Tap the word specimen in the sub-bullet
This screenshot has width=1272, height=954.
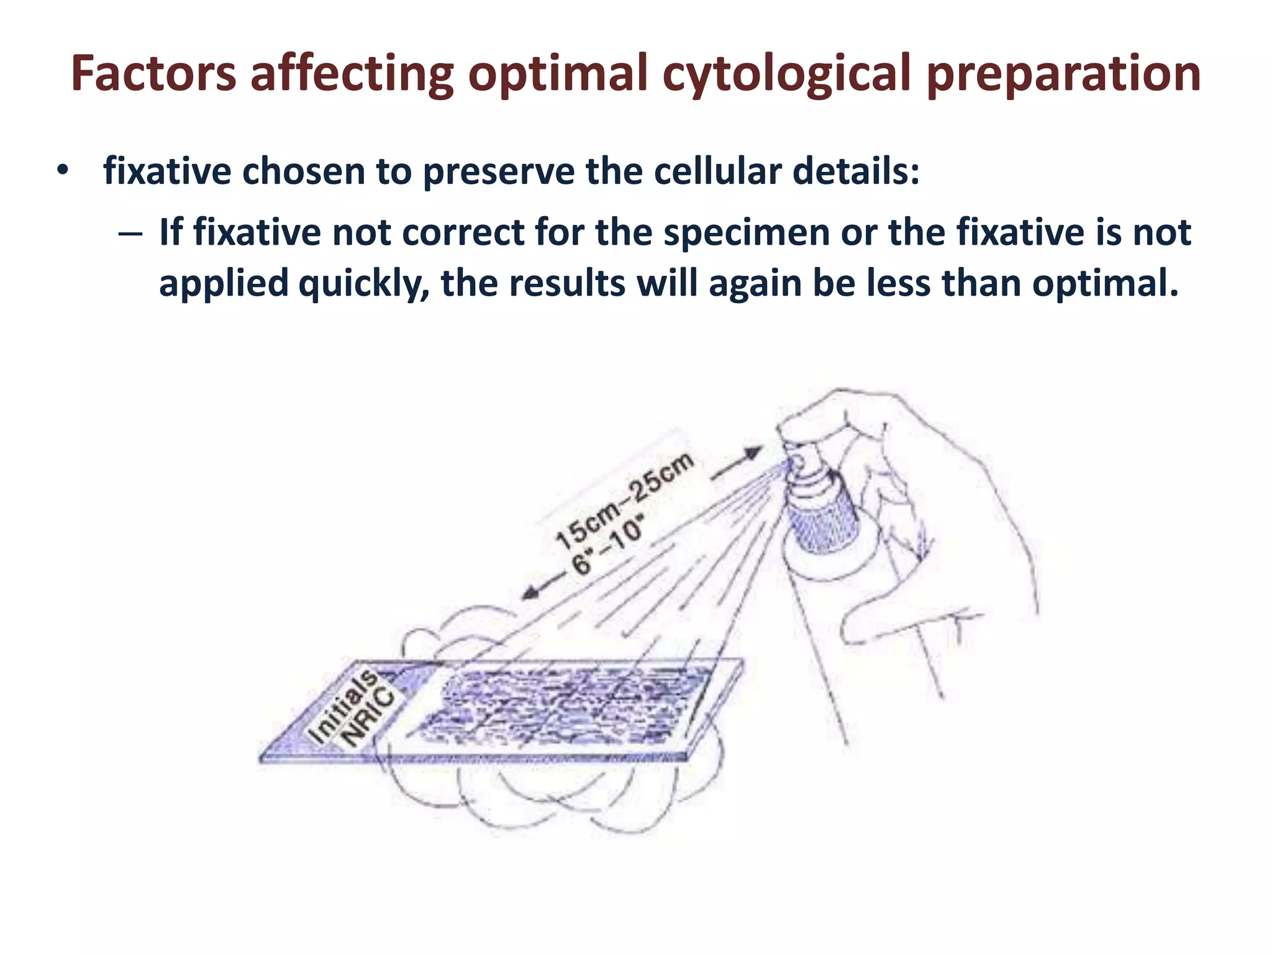click(746, 234)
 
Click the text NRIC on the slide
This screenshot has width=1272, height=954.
click(370, 717)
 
